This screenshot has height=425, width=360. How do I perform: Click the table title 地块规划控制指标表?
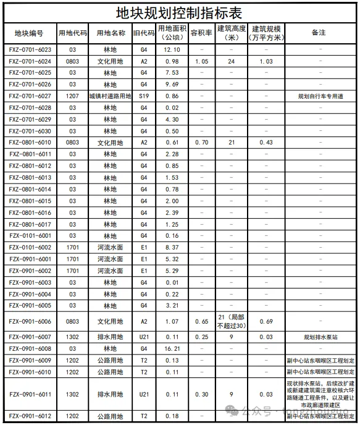pos(179,13)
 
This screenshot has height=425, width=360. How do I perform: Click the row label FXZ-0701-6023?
pos(30,49)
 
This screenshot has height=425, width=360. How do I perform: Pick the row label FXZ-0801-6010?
pos(30,143)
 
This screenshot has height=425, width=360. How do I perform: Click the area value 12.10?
pos(172,49)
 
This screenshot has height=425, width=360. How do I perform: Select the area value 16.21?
pos(172,348)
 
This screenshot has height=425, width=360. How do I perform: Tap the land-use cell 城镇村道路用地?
pos(110,96)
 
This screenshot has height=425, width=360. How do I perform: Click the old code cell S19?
pos(144,96)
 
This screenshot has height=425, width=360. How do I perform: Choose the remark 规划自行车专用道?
pos(320,96)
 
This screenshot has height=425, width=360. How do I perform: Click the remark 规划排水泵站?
pos(320,337)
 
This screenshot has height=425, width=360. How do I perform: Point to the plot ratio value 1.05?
pos(201,61)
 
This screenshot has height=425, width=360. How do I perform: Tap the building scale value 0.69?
pos(266,322)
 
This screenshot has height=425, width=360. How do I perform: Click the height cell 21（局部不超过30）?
pos(232,321)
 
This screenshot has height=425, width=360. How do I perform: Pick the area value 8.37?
pos(172,248)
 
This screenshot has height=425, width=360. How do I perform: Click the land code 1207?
pos(73,96)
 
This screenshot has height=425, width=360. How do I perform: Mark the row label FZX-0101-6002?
pos(30,248)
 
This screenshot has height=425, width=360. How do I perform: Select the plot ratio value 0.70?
pos(201,143)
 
